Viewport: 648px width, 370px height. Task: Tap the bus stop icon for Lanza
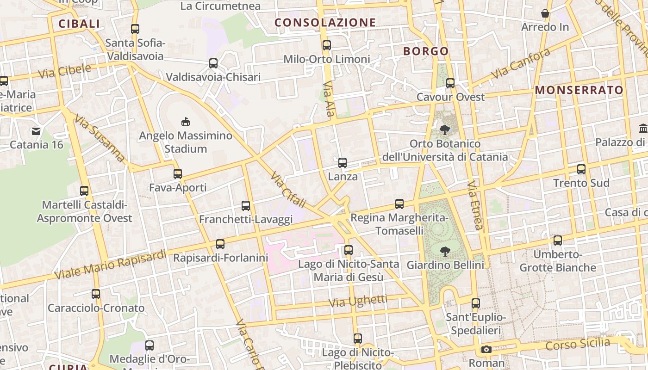[343, 163]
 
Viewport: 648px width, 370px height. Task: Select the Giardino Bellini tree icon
[445, 252]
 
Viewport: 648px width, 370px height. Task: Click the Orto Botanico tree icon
[445, 130]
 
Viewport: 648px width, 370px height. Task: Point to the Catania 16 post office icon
[36, 131]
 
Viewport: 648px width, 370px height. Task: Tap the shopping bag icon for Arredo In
[545, 13]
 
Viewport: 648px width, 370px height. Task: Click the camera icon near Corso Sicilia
[486, 349]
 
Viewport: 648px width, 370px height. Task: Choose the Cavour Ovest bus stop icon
[450, 83]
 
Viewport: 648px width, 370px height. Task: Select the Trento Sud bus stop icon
[581, 169]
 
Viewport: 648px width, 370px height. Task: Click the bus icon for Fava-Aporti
[178, 174]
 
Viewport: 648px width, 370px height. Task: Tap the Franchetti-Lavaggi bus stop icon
[246, 205]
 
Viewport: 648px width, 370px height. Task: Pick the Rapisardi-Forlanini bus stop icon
[220, 244]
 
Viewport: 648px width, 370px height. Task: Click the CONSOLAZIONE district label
[325, 22]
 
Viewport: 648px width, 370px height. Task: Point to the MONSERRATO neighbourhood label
[579, 90]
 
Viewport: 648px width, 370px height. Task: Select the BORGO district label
[426, 51]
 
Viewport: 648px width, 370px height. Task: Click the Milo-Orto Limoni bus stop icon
[327, 45]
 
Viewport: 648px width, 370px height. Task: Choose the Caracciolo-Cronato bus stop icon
[96, 294]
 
